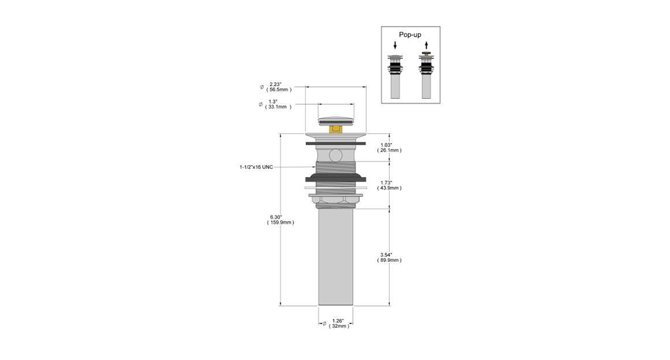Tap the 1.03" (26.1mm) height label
click(x=389, y=148)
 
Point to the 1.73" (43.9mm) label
click(x=389, y=185)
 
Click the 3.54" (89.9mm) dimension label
click(x=389, y=258)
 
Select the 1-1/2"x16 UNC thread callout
click(x=256, y=167)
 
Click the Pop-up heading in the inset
click(x=410, y=35)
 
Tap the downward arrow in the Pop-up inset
click(x=395, y=45)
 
